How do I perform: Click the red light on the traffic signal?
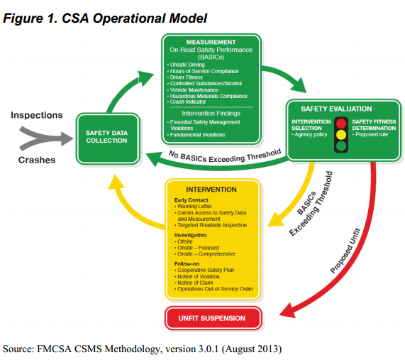pos(341,124)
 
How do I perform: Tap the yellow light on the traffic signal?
pos(341,135)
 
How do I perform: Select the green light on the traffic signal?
pos(341,146)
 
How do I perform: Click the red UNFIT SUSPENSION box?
pos(213,318)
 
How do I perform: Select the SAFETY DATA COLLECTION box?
pos(108,138)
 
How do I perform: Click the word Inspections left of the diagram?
pos(37,115)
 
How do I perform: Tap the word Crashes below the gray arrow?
pos(37,160)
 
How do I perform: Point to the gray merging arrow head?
pos(67,138)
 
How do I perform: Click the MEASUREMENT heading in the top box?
pos(211,42)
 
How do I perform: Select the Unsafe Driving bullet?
pos(186,65)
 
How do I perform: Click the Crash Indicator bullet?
pos(187,102)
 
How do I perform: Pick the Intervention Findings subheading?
pos(211,114)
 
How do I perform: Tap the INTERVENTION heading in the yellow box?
pos(211,190)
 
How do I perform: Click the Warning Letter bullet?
pos(193,207)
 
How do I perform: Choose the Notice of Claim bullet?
pos(194,283)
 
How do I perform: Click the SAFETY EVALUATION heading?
pos(336,109)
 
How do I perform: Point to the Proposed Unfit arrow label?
pos(345,251)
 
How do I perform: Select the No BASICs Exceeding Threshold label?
pos(225,156)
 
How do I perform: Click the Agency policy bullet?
pos(309,134)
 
